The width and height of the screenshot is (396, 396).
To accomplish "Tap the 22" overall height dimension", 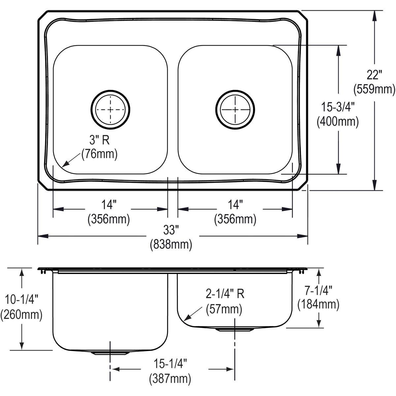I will (x=374, y=75).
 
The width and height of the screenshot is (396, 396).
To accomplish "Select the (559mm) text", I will (x=374, y=89).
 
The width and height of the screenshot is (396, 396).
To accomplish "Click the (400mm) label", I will (x=338, y=122).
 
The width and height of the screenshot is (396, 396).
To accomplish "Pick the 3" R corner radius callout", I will (x=99, y=140).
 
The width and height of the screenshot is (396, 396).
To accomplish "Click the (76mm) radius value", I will (x=99, y=154).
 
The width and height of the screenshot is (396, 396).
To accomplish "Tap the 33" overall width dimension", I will (x=171, y=230).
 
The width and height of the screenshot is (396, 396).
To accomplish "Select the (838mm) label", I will (x=171, y=245).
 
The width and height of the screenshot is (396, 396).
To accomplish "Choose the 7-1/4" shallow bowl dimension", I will (x=318, y=290).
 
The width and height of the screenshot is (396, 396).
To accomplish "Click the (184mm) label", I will (x=318, y=304).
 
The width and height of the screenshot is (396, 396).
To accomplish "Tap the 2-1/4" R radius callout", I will (x=225, y=293).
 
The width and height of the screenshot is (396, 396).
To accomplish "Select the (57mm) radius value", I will (x=224, y=309).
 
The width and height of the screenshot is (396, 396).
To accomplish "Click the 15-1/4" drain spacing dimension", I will (x=170, y=364).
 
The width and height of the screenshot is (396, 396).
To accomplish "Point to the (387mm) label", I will (x=170, y=378).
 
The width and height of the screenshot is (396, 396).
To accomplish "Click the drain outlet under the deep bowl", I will (x=110, y=353).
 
